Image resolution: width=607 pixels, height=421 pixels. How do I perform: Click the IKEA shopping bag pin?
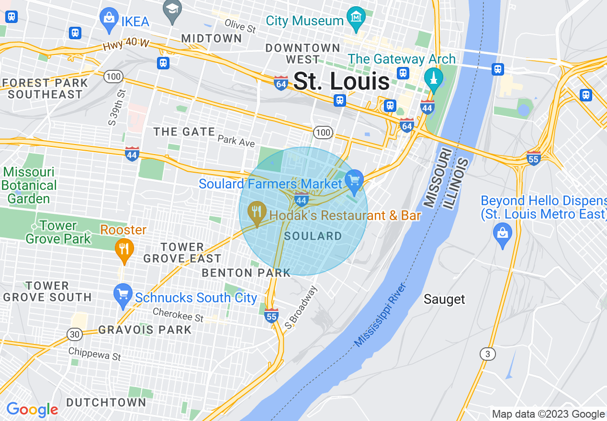pyautogui.click(x=109, y=19)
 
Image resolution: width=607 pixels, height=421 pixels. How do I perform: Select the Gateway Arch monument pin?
pyautogui.click(x=434, y=79)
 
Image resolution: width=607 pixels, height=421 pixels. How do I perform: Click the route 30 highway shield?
pyautogui.click(x=74, y=334)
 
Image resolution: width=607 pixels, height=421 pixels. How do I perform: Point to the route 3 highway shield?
pyautogui.click(x=488, y=354)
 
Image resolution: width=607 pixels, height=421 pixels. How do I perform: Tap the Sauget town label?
pyautogui.click(x=444, y=299)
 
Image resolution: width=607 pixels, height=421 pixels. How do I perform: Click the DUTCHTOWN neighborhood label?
pyautogui.click(x=106, y=402)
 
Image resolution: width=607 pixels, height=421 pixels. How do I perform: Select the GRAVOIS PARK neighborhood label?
pyautogui.click(x=145, y=330)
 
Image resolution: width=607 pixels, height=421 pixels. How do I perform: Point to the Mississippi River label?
pyautogui.click(x=381, y=315)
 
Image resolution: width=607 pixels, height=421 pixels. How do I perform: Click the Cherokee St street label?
pyautogui.click(x=178, y=314)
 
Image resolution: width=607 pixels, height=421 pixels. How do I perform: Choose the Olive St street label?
pyautogui.click(x=240, y=25)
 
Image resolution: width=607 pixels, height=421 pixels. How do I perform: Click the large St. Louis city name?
pyautogui.click(x=341, y=81)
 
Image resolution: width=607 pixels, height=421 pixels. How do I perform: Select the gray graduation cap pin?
pyautogui.click(x=172, y=10)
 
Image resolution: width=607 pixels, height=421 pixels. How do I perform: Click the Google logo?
pyautogui.click(x=32, y=410)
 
